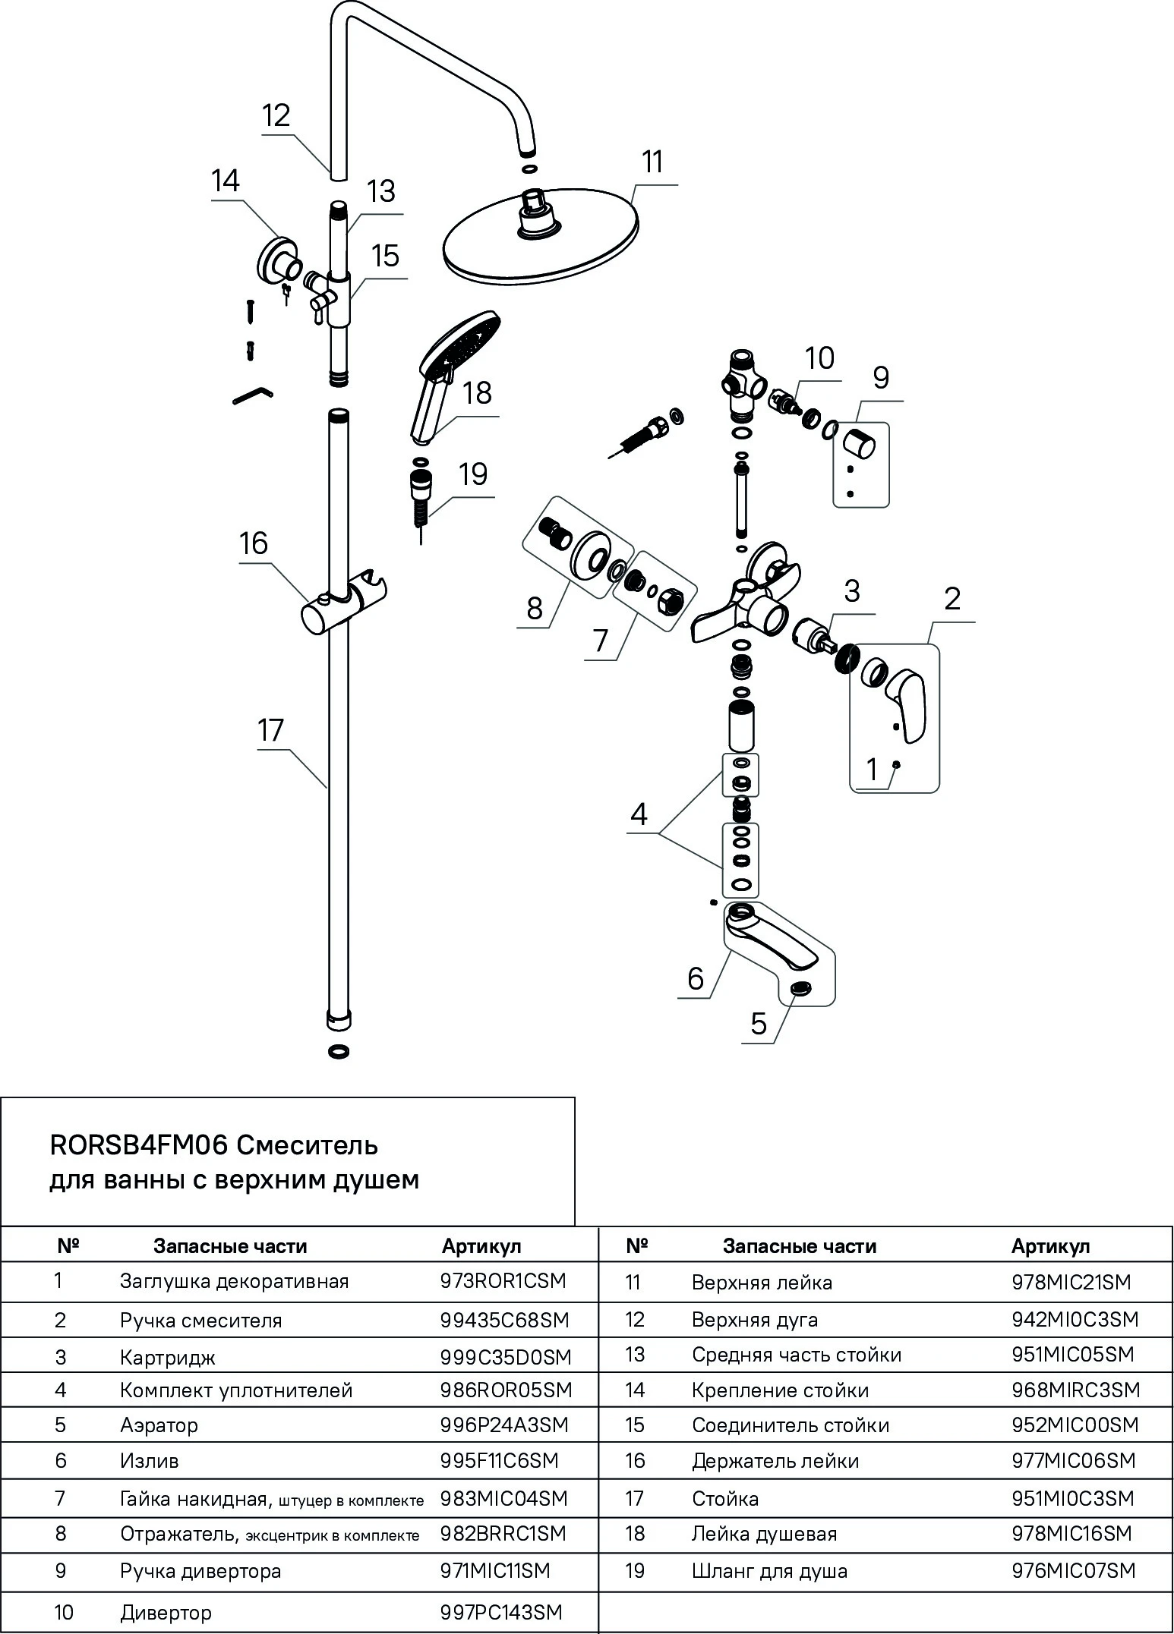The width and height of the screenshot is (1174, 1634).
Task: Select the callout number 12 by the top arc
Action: point(276,115)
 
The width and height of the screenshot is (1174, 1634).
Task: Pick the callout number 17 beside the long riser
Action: point(270,730)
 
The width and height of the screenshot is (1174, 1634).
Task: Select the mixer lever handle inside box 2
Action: point(905,692)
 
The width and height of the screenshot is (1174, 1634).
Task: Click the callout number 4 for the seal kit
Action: point(639,814)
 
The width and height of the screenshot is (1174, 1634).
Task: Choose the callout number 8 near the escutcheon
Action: point(535,608)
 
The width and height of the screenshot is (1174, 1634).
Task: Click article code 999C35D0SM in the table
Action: point(506,1357)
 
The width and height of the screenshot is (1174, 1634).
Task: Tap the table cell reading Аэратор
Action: point(159,1425)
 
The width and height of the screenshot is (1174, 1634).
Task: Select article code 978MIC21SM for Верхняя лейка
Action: point(1071,1283)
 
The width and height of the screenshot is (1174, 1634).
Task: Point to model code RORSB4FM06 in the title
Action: point(139,1145)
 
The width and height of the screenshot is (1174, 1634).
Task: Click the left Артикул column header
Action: point(481,1246)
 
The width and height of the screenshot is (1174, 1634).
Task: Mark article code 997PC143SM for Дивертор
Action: point(501,1612)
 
